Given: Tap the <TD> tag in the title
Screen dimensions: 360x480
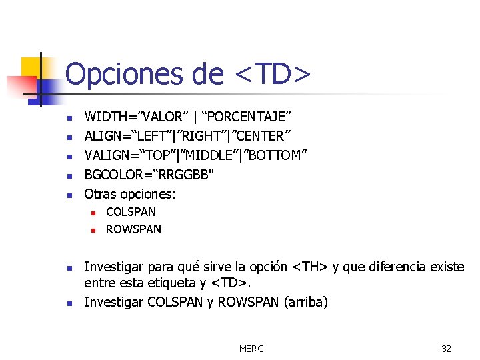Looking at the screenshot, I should (x=273, y=74).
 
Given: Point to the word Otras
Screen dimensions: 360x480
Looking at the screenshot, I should (x=100, y=195).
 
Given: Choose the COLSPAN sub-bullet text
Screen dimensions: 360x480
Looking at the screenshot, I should (x=131, y=212).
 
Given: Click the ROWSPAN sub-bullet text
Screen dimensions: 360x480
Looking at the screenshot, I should (x=133, y=229).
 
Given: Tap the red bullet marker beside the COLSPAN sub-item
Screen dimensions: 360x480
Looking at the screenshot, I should (x=94, y=213).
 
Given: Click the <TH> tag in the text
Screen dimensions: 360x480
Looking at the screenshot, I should (x=310, y=267).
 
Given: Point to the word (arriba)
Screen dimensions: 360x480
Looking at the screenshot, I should (x=306, y=302).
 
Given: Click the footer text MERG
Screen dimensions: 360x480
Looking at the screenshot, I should (x=251, y=349).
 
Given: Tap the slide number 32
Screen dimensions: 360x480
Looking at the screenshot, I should (x=446, y=349).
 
